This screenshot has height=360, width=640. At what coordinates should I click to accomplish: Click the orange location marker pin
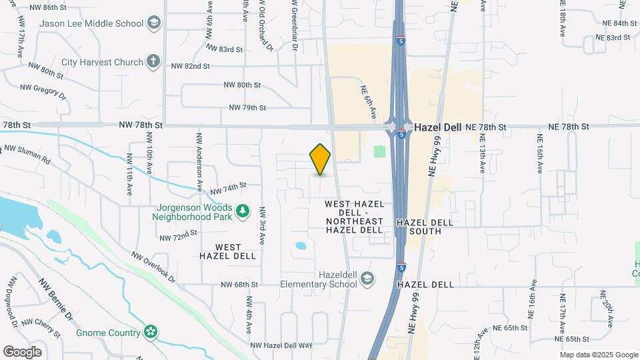(x=320, y=159)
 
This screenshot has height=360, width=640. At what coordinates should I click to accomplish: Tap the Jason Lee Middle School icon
(x=155, y=23)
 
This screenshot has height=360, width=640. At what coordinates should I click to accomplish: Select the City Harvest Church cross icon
(x=153, y=62)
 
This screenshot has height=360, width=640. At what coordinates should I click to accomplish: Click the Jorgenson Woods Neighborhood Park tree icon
(x=243, y=211)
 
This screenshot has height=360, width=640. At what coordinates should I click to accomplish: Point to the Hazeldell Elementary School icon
(x=368, y=279)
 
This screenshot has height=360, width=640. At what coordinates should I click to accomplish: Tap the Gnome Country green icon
(x=151, y=332)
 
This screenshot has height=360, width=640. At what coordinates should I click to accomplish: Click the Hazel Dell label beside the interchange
(x=438, y=127)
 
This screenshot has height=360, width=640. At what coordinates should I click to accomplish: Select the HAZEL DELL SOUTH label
(x=425, y=227)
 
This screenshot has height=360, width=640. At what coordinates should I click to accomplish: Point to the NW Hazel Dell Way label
(x=281, y=345)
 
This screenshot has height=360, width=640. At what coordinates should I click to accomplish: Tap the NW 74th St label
(x=229, y=185)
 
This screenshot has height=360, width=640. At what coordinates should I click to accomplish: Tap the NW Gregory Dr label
(x=44, y=91)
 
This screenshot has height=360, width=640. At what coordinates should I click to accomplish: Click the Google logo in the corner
(x=22, y=351)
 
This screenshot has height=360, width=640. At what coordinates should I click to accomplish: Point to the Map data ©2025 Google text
(x=598, y=355)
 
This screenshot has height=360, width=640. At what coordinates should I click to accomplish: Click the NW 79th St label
(x=247, y=107)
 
